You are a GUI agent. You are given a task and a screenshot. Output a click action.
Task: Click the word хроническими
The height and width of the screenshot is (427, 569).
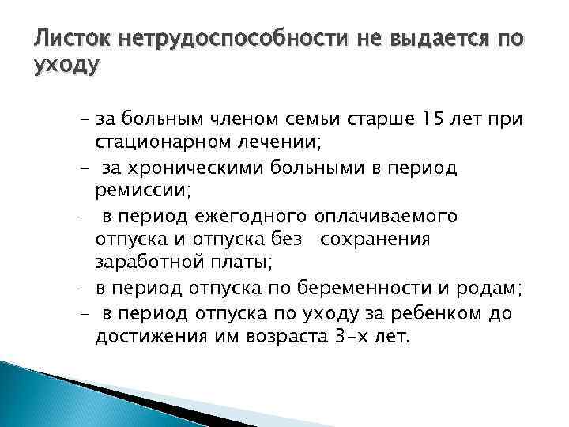point(194,170)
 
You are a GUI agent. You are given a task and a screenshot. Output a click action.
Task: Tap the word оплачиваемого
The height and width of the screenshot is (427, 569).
point(386,217)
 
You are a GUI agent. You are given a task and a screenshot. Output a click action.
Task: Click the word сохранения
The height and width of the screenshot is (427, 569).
point(378,240)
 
